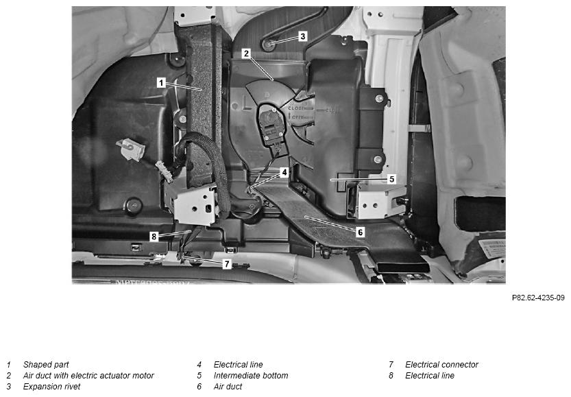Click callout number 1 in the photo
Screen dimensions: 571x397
[161, 83]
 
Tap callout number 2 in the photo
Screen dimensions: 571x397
[247, 53]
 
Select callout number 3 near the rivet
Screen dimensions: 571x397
[302, 36]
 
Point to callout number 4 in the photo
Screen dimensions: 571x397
[284, 172]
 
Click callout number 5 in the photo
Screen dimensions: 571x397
[392, 179]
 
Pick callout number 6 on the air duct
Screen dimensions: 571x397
[360, 232]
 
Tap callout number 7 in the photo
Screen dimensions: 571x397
[227, 264]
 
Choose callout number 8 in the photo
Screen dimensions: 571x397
[154, 237]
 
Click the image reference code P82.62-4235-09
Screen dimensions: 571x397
[538, 298]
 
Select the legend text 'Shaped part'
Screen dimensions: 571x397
[46, 365]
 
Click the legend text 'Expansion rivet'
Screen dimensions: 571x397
[51, 387]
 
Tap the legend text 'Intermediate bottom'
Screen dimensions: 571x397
[251, 376]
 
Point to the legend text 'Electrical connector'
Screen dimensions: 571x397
[441, 365]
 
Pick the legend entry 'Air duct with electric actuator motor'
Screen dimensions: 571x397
[88, 376]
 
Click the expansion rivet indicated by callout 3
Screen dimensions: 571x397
[269, 45]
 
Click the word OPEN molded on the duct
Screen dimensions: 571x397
[298, 118]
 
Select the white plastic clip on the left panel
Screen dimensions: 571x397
[131, 149]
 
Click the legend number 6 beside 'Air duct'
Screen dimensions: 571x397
[199, 387]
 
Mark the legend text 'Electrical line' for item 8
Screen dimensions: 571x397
[430, 376]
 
